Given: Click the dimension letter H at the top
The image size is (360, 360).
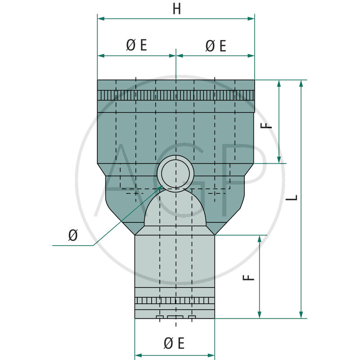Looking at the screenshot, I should click(x=176, y=9).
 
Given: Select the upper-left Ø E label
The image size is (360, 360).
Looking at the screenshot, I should click(x=136, y=45).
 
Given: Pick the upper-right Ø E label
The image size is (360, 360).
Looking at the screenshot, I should click(x=215, y=45).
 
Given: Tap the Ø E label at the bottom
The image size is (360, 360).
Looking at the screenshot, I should click(x=174, y=344).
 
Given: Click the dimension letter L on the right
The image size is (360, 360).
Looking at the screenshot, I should click(x=293, y=198).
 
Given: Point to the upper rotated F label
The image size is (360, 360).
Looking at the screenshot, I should click(x=269, y=123).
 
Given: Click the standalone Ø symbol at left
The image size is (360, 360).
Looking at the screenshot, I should click(x=72, y=235).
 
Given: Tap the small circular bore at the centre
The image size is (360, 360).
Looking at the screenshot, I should click(x=175, y=172).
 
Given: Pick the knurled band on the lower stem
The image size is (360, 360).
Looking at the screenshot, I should click(x=175, y=301).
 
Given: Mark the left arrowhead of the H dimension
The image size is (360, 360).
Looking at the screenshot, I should click(x=100, y=18).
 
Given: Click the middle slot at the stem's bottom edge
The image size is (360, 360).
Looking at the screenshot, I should click(x=175, y=317).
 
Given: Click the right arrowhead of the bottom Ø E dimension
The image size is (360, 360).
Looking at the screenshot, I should click(x=212, y=354).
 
